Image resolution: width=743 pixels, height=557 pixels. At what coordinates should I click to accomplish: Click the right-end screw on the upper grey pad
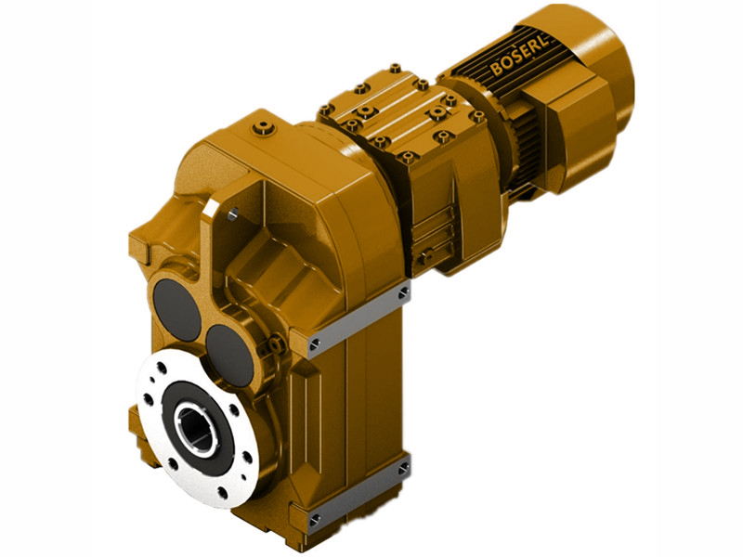[402, 293]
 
